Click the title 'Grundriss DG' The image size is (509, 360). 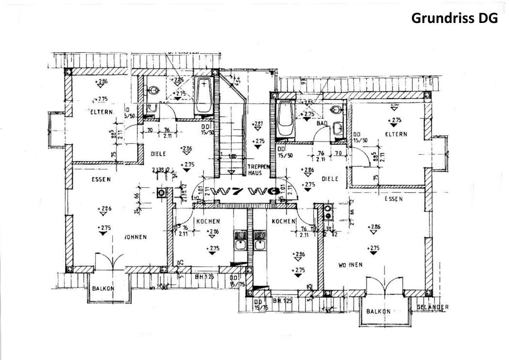coord(454,18)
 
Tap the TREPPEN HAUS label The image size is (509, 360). coord(255,170)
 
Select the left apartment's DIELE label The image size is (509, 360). coord(158,154)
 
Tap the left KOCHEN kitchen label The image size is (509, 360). coord(208,222)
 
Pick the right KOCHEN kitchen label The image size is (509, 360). coord(283,222)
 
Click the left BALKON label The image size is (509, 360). coord(103,288)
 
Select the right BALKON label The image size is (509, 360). coord(378,311)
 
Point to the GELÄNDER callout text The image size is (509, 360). coord(432,307)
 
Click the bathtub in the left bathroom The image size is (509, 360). coord(204,96)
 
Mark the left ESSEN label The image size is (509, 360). coord(101,179)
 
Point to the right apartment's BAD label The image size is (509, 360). coord(322,123)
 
